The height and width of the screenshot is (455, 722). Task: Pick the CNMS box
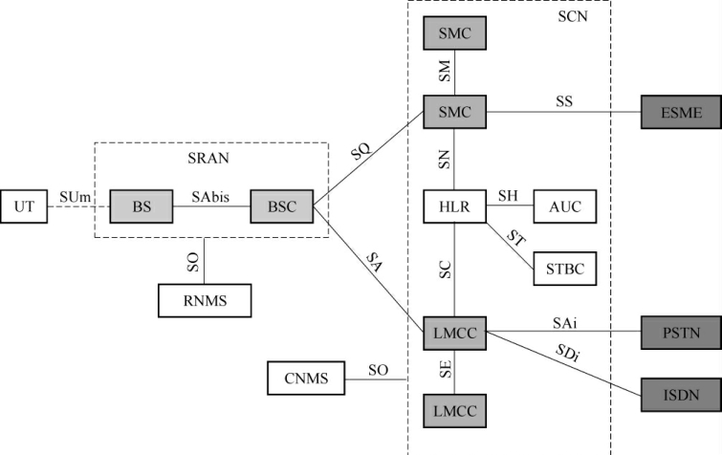click(x=306, y=379)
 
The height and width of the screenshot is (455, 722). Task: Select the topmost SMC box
click(x=454, y=34)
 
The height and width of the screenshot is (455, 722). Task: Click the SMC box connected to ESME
click(x=454, y=113)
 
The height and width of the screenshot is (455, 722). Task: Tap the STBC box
click(x=565, y=269)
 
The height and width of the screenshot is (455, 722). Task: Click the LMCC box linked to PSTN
click(x=454, y=335)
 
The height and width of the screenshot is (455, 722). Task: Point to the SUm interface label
click(x=75, y=195)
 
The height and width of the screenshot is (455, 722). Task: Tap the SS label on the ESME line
click(x=564, y=101)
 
